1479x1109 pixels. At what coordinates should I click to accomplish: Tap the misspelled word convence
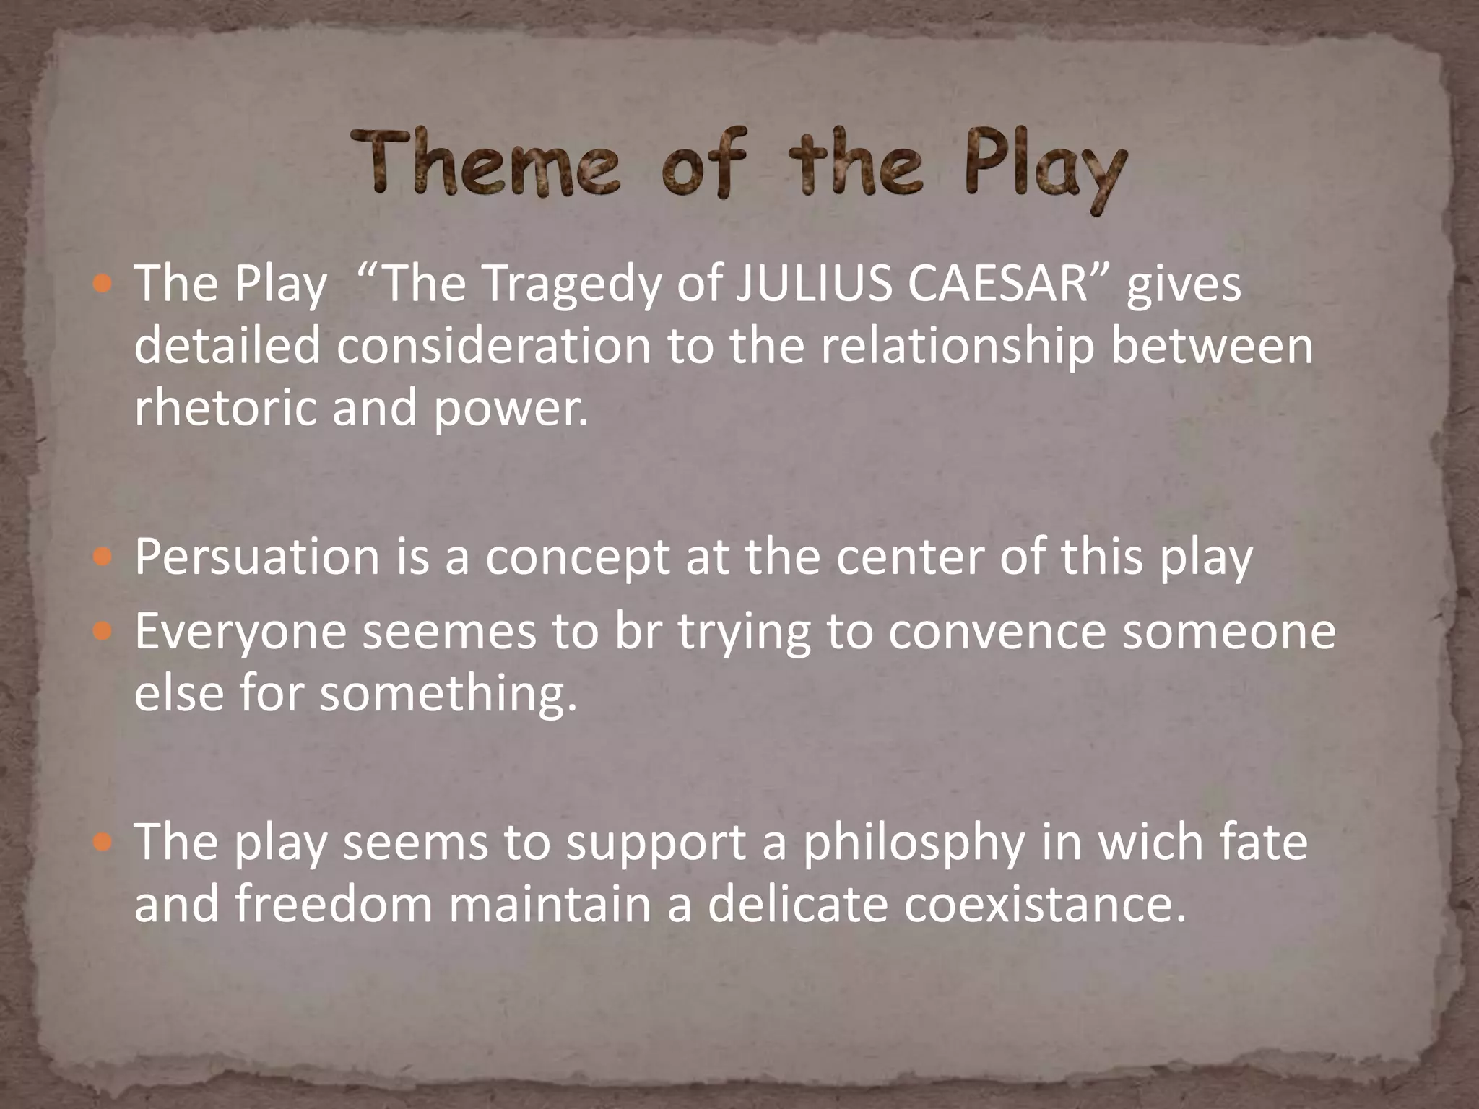(997, 631)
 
